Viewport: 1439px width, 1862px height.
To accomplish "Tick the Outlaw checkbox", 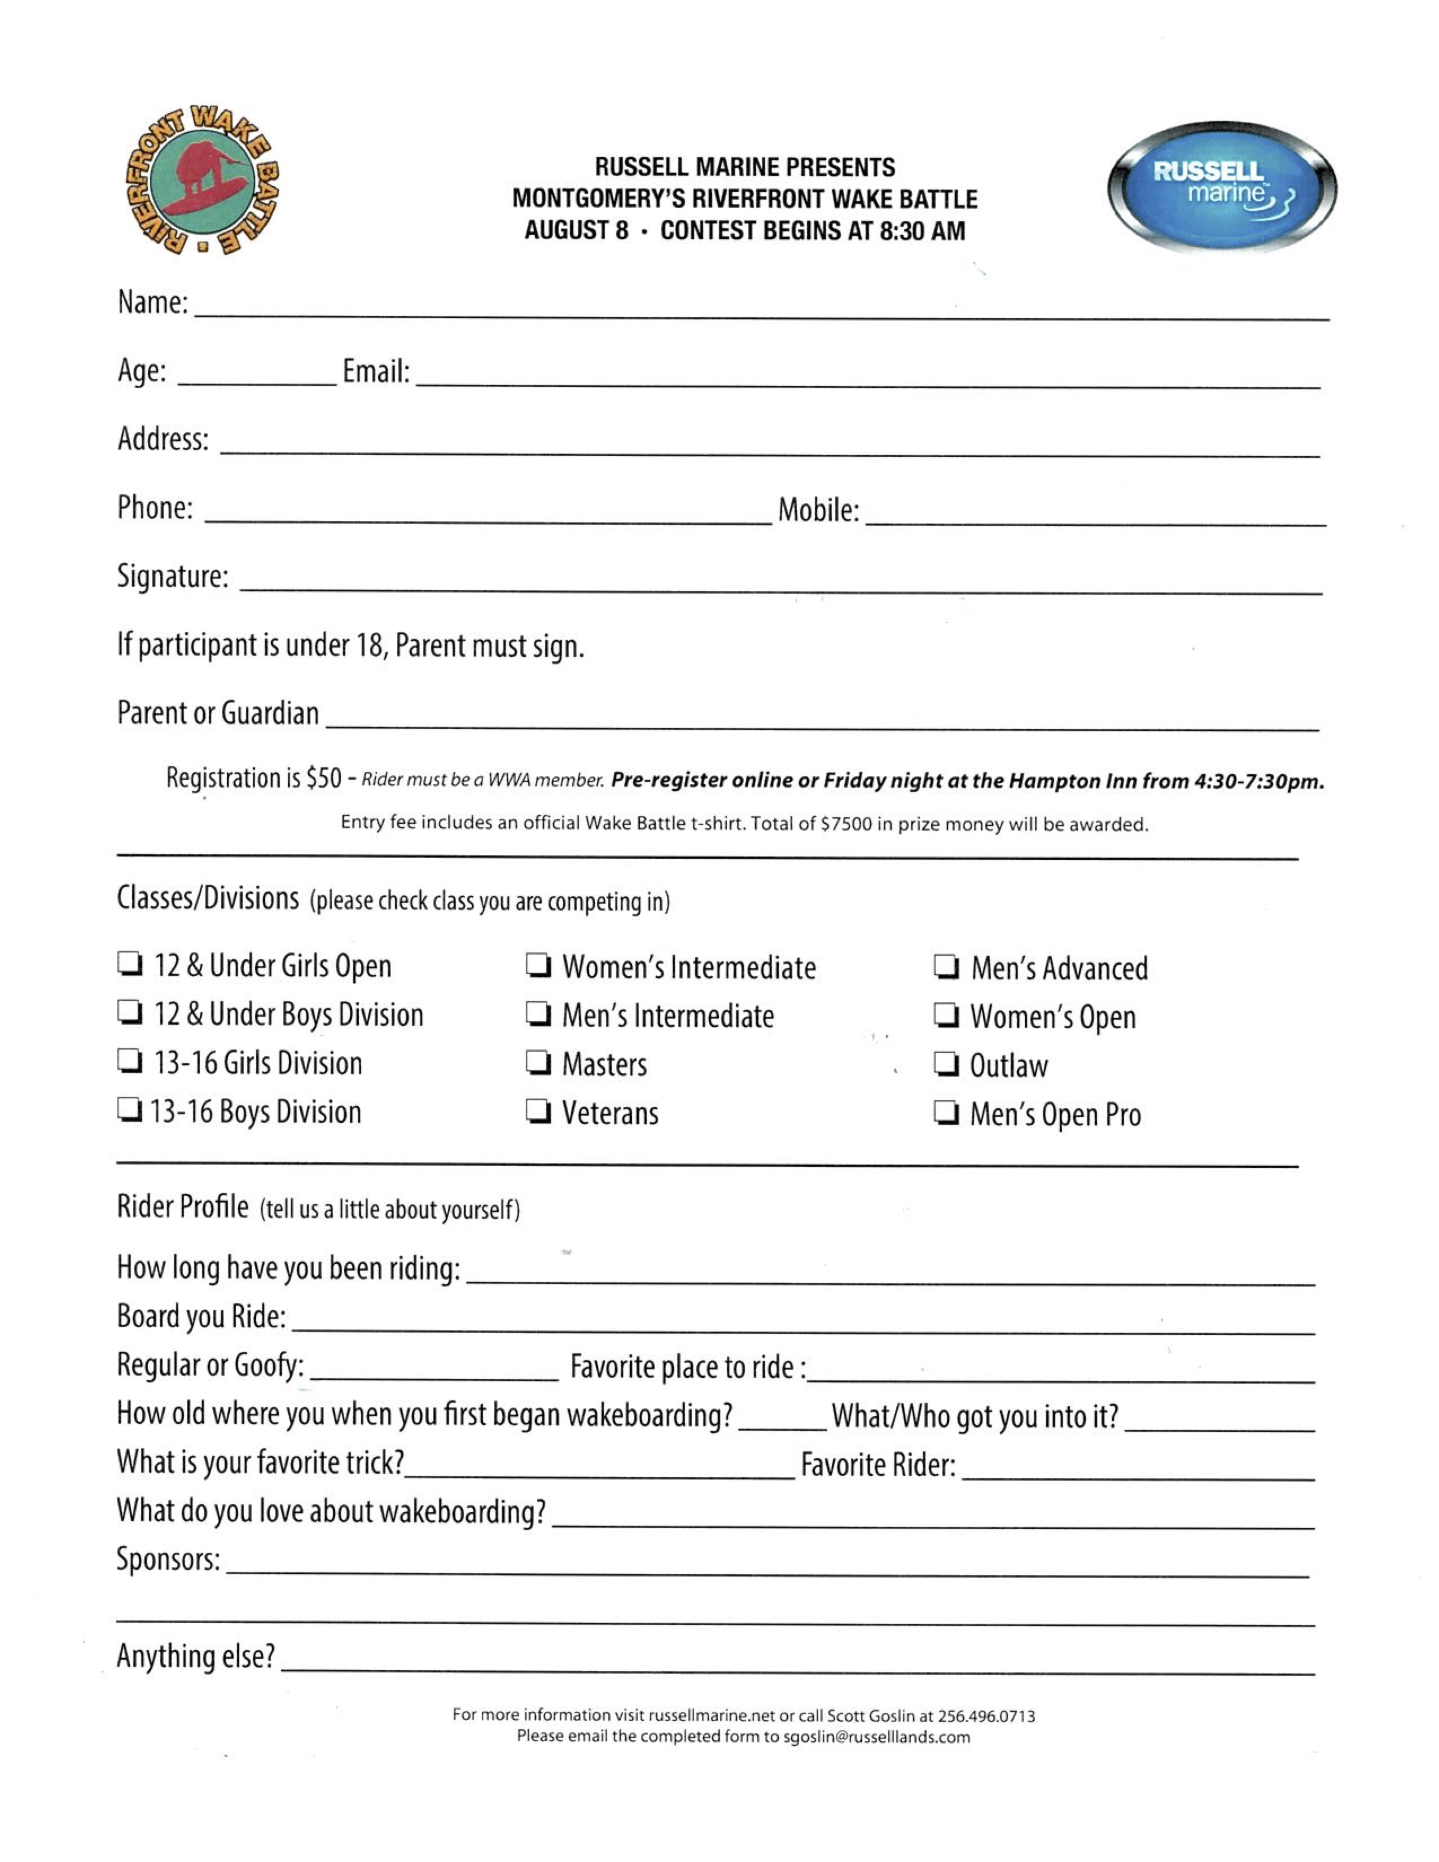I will pyautogui.click(x=945, y=1064).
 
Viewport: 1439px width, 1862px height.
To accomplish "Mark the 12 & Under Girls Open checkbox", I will pyautogui.click(x=129, y=964).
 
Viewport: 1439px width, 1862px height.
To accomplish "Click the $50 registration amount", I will pyautogui.click(x=323, y=778).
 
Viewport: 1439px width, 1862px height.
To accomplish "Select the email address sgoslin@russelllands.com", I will pyautogui.click(x=875, y=1737).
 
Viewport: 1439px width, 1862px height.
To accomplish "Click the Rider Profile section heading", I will pyautogui.click(x=182, y=1207).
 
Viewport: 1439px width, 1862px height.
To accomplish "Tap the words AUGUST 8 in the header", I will pyautogui.click(x=576, y=230).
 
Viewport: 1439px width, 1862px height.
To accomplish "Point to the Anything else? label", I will pyautogui.click(x=195, y=1655).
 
